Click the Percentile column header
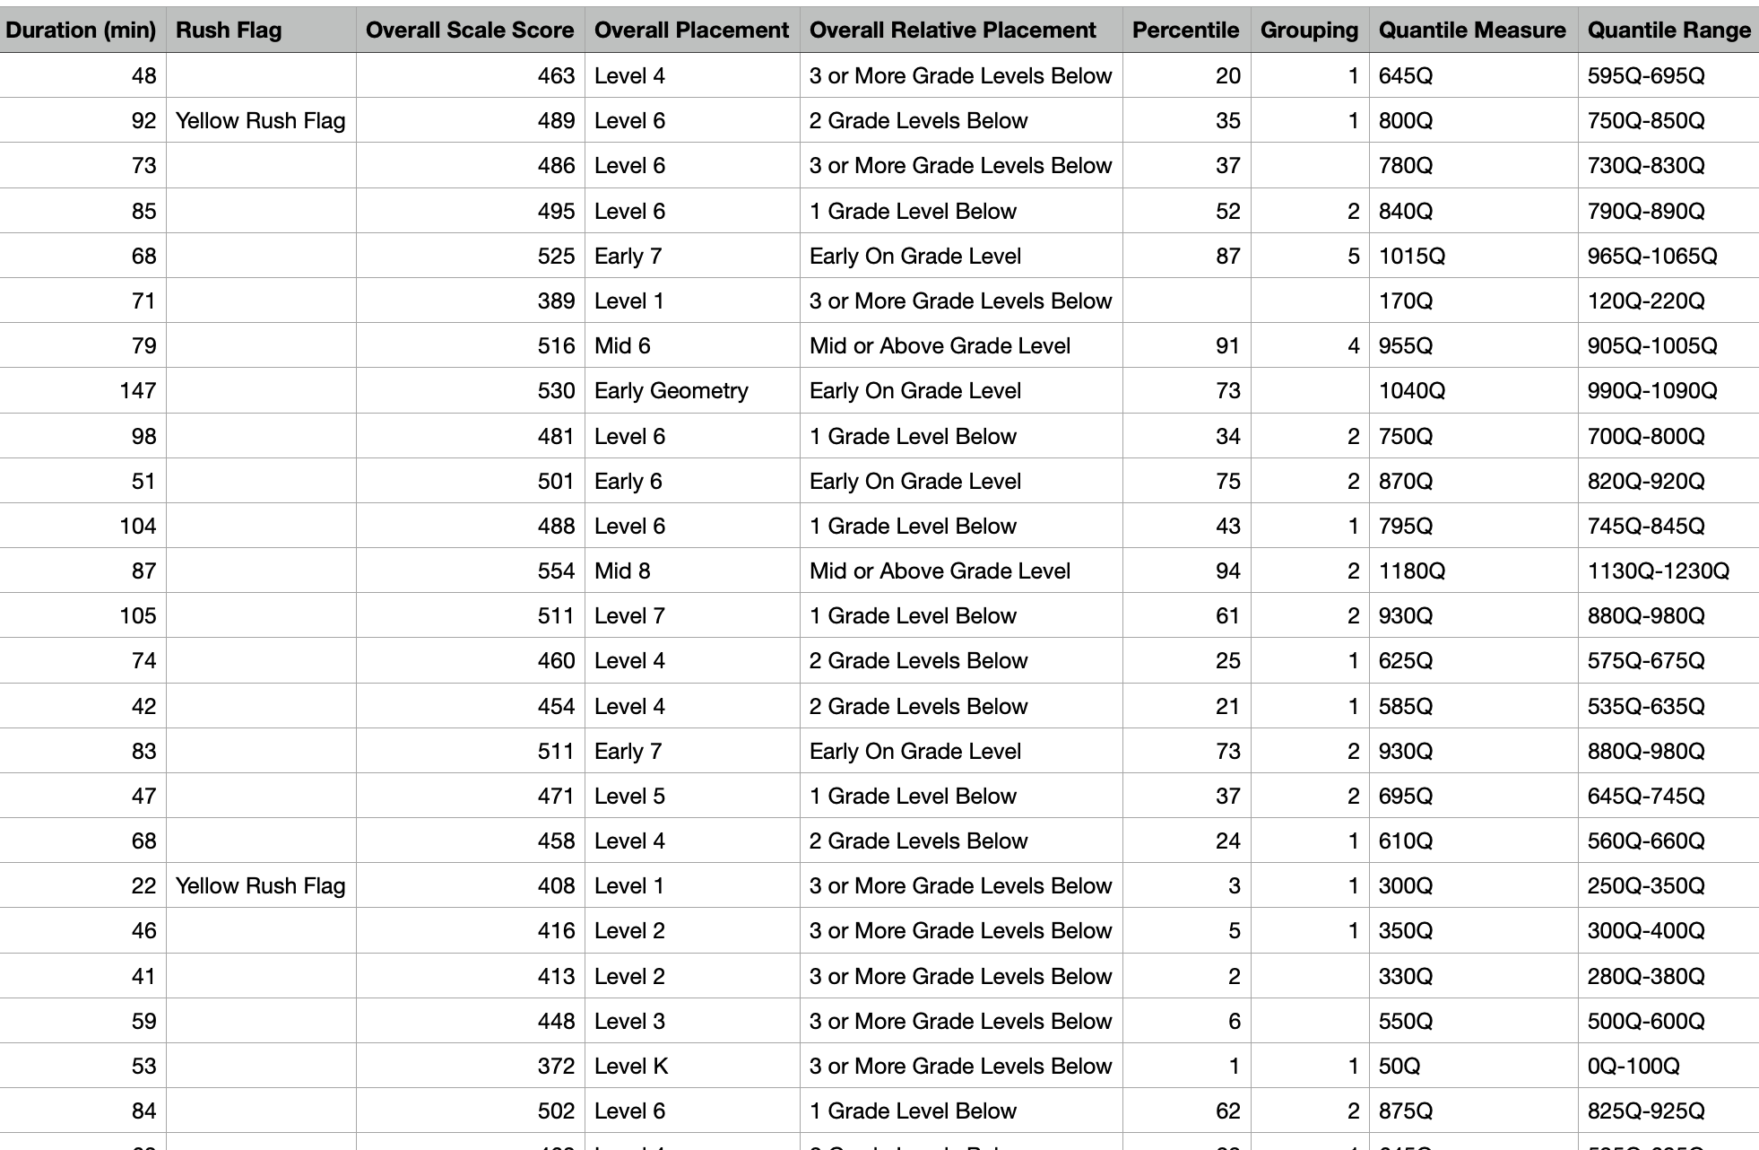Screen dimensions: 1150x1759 1185,30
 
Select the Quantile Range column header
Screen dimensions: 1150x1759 1668,30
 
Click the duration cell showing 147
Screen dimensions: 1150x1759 137,391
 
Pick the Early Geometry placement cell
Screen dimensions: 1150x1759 671,391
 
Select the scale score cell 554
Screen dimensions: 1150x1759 556,571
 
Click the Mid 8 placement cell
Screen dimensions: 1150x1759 622,571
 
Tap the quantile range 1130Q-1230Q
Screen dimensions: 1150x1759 1658,571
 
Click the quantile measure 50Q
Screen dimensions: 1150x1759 1399,1067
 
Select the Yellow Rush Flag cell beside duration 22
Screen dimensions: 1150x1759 260,886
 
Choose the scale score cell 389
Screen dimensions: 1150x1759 556,301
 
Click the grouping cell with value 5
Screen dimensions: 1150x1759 1353,257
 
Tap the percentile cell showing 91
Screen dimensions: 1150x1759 1227,346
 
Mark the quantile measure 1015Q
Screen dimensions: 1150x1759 1412,257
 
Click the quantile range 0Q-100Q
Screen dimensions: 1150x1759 1633,1067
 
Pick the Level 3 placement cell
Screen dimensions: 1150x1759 629,1022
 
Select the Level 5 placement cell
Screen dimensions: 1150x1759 629,797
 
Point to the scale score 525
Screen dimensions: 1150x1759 556,257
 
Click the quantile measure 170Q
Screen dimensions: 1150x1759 1405,301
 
